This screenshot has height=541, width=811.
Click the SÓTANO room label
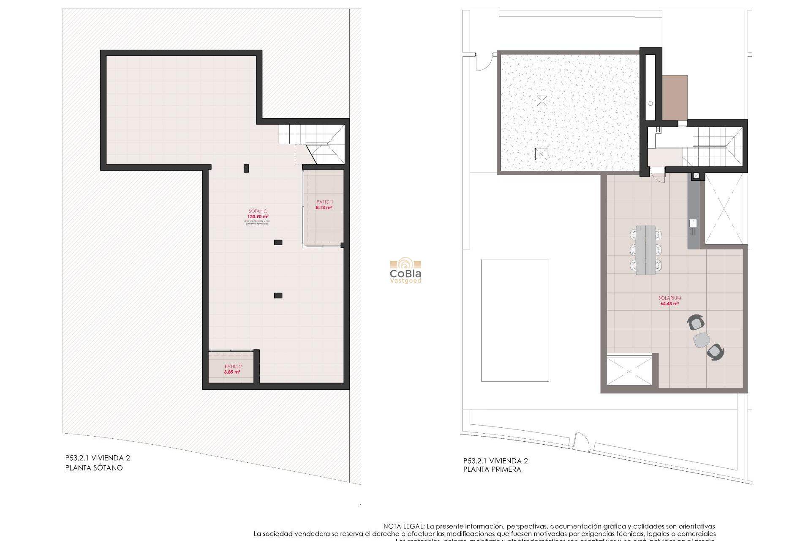coord(258,211)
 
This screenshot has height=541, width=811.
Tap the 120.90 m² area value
coord(258,217)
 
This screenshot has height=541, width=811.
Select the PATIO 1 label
coord(324,202)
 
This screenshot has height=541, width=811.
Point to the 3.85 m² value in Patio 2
coord(232,372)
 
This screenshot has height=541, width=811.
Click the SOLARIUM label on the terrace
coord(669,298)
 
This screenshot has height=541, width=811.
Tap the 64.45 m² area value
coord(669,304)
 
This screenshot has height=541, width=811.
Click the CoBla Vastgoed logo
coord(405,271)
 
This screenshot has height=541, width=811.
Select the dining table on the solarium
coord(646,250)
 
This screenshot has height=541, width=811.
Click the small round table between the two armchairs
coord(702,340)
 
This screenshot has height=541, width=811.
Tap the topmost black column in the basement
coord(246,169)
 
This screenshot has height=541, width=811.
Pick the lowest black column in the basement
coord(278,296)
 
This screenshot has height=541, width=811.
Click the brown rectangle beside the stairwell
coord(675,98)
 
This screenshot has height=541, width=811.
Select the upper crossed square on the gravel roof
coord(542,101)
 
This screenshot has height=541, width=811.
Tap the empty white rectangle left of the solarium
coord(515,320)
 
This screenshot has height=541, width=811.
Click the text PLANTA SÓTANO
coord(94,468)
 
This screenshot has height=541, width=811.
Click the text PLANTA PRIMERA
coord(492,469)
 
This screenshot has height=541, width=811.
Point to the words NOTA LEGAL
coord(403,527)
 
